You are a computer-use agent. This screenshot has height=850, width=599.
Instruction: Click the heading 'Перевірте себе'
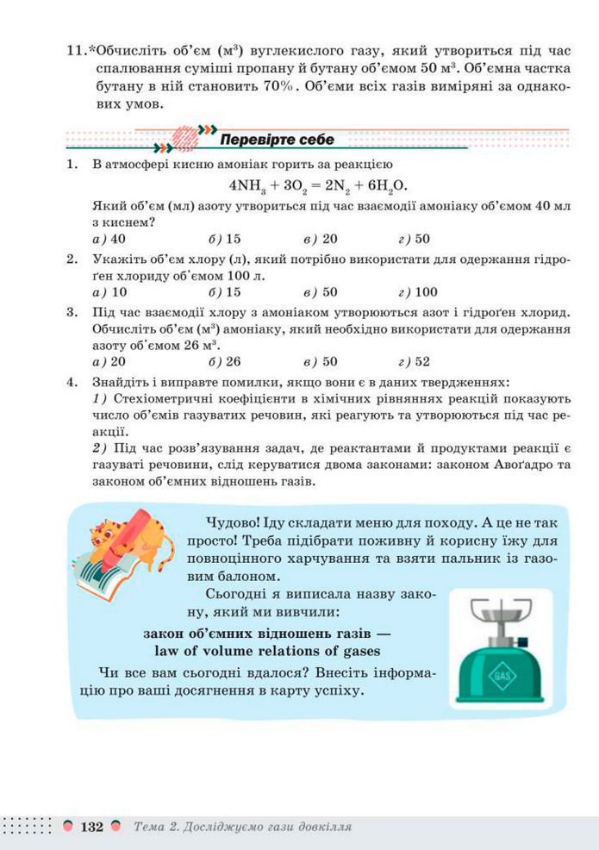[x=277, y=140]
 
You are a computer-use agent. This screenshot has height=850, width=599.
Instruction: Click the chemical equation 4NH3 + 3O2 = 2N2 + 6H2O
[x=318, y=185]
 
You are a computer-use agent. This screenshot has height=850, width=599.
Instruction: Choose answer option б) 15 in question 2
[x=225, y=291]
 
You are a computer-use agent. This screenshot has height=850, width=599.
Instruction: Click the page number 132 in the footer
[x=91, y=827]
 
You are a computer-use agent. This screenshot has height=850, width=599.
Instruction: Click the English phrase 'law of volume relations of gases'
[x=267, y=651]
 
